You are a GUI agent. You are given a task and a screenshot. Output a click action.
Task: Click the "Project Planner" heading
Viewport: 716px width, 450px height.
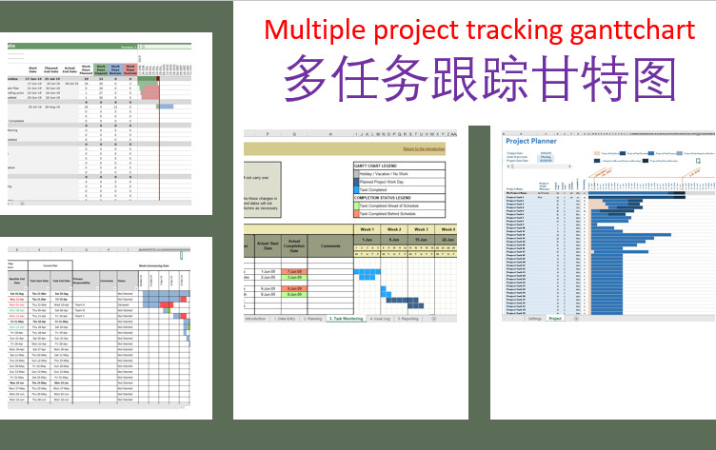(531, 139)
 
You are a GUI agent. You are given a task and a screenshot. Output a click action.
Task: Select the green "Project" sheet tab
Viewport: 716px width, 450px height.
(556, 318)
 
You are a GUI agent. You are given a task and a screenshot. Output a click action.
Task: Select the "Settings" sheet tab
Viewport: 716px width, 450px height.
(534, 318)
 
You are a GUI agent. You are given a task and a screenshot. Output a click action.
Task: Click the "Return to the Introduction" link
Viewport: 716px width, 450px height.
(423, 149)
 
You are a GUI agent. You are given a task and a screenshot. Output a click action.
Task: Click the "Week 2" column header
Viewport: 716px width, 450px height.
(395, 229)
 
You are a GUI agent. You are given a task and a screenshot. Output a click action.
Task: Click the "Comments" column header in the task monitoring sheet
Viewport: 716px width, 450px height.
(330, 245)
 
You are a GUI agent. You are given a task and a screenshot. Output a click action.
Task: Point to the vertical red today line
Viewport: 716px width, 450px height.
(158, 143)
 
